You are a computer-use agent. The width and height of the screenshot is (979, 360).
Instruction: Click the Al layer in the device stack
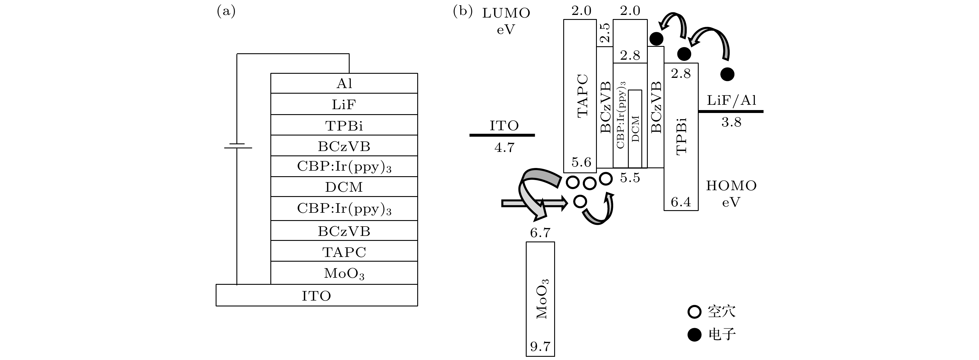[344, 83]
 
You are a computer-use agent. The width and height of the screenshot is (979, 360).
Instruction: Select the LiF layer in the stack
[344, 104]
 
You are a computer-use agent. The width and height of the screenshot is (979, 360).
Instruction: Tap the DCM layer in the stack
[344, 187]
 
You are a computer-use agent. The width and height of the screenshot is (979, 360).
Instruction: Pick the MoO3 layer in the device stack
[344, 273]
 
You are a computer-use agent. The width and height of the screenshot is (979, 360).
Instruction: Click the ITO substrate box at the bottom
[316, 295]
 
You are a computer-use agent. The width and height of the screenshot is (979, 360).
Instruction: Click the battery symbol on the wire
[238, 146]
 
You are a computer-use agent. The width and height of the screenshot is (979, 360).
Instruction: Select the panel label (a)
[226, 11]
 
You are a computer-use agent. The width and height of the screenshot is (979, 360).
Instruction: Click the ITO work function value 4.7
[504, 147]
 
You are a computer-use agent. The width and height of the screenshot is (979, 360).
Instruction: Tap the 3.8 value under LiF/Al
[731, 122]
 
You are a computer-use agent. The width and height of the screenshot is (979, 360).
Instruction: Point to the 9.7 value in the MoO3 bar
[540, 346]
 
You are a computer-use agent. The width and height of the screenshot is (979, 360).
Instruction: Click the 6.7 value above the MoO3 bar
[540, 232]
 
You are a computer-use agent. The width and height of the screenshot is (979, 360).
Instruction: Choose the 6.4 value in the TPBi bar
[681, 201]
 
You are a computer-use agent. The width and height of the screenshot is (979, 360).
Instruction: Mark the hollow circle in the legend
[694, 312]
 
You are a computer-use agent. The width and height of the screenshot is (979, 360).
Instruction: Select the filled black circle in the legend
[694, 335]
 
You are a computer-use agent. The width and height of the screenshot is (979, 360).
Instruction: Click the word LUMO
[506, 13]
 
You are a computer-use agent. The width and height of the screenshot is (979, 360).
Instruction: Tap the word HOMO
[731, 186]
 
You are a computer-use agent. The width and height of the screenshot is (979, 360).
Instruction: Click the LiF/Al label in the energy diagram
[731, 100]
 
